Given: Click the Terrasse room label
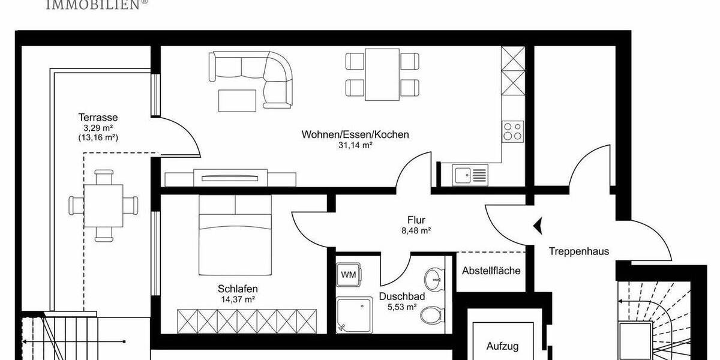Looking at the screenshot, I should tap(97, 118).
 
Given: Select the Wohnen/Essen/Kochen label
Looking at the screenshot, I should tap(355, 134).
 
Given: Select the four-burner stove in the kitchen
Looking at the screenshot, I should tap(512, 130).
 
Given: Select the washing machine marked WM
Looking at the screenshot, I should tap(348, 275).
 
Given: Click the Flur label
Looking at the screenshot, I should tap(416, 220).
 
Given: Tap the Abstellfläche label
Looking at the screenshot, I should tap(491, 271).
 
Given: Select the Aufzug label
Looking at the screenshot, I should tap(502, 346).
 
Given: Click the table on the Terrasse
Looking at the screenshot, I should tap(104, 205).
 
